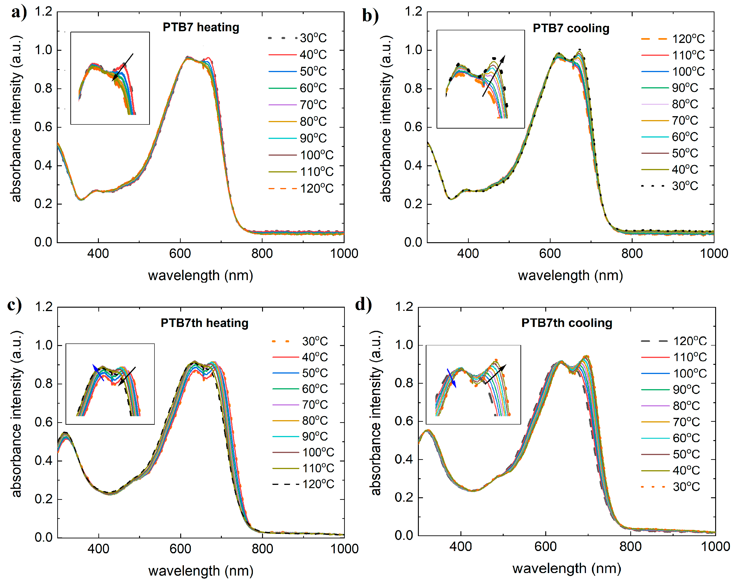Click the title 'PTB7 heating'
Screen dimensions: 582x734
201,27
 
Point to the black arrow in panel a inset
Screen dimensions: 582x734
123,67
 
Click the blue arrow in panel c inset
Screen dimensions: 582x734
98,373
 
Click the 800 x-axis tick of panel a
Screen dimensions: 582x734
262,253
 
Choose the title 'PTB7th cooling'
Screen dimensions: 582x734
566,323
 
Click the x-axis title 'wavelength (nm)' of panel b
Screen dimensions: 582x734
570,275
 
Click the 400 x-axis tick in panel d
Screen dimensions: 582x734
461,546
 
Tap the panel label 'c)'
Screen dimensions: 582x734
14,305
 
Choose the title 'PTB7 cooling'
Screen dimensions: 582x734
571,28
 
